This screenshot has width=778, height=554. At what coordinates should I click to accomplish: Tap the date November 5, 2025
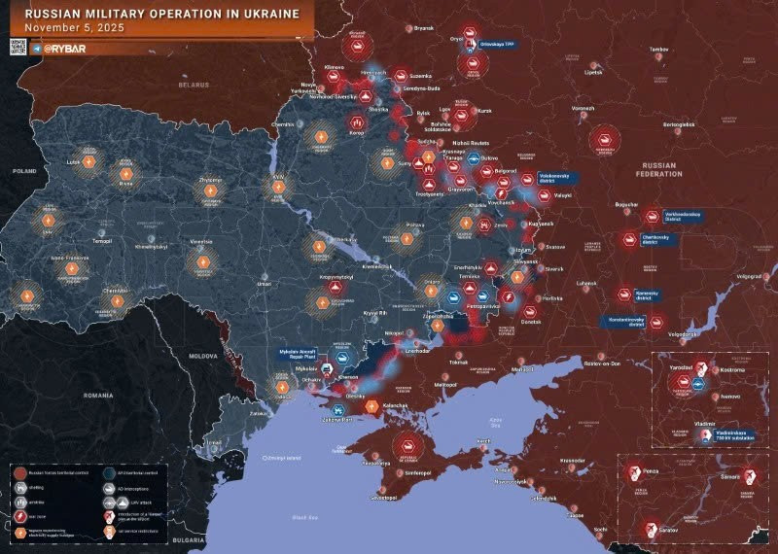(x=67, y=28)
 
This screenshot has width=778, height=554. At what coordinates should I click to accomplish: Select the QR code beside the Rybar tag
(x=17, y=47)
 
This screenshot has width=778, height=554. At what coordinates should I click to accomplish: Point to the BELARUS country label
(x=194, y=85)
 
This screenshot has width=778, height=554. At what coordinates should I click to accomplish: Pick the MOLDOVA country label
(x=203, y=357)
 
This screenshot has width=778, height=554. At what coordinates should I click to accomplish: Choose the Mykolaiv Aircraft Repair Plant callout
(x=295, y=356)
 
